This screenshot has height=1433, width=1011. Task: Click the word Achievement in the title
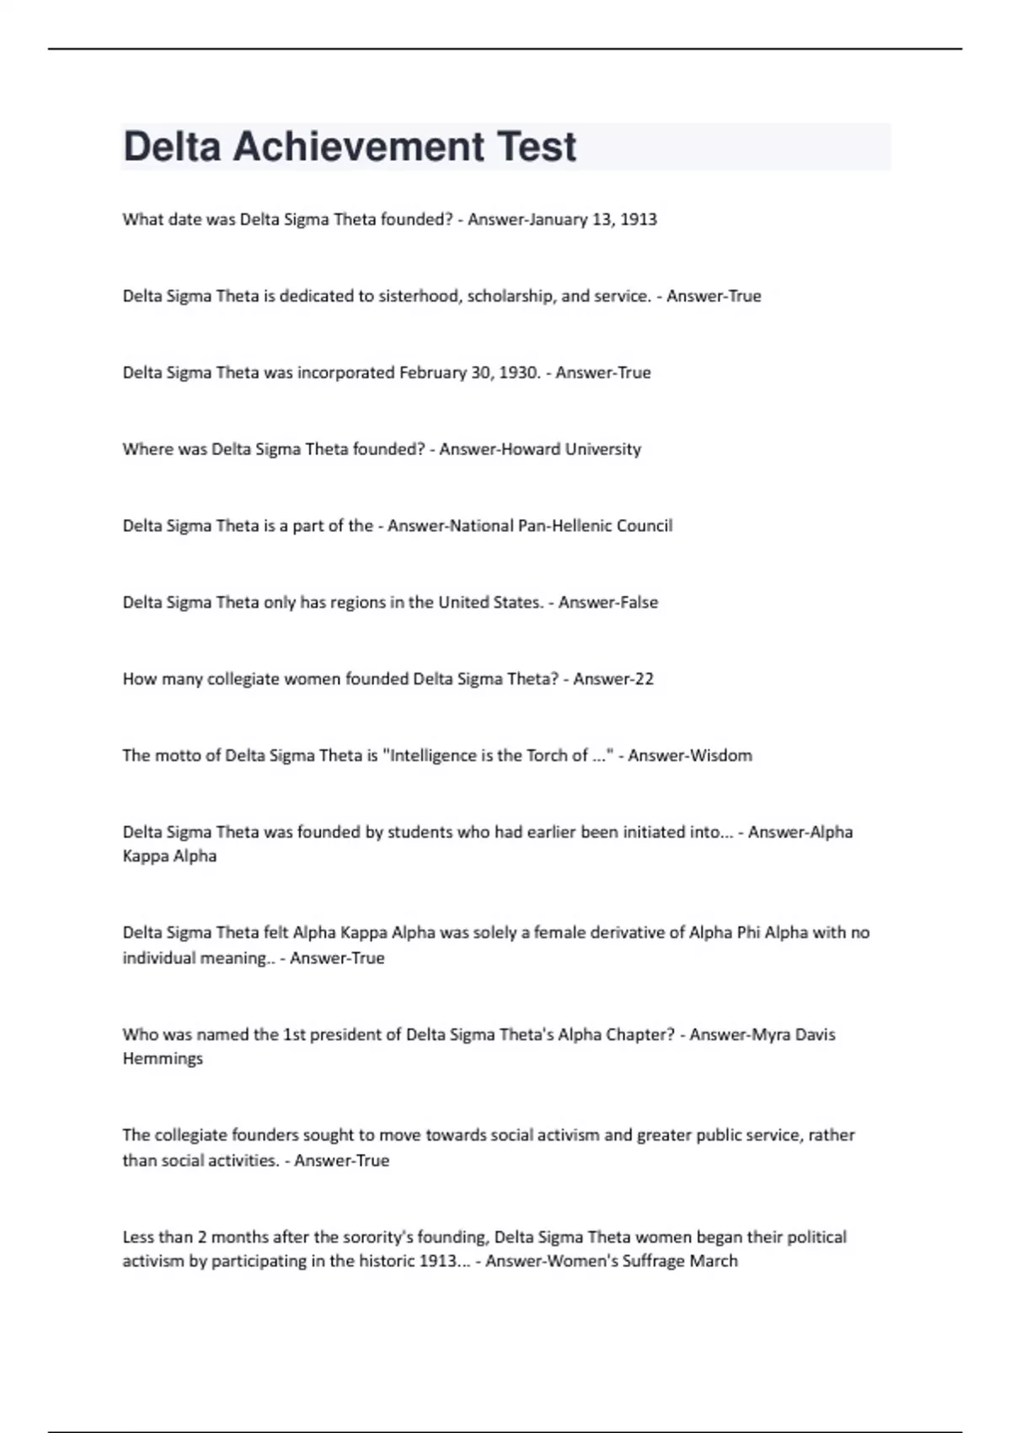[358, 147]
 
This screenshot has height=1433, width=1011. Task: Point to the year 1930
[519, 373]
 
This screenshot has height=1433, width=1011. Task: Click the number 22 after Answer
[644, 679]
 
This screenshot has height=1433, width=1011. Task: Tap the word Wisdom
[720, 756]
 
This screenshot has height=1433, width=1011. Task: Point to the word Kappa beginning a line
[145, 856]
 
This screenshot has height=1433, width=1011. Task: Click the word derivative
[619, 933]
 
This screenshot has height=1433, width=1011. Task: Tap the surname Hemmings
[163, 1059]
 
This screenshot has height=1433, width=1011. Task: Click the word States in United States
[516, 603]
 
